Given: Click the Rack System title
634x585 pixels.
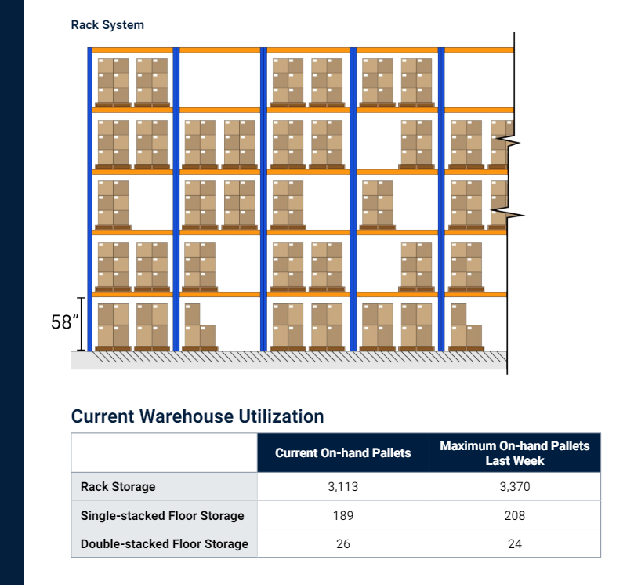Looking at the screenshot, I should pyautogui.click(x=107, y=25).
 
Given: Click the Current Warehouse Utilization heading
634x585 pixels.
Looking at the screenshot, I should pyautogui.click(x=197, y=416).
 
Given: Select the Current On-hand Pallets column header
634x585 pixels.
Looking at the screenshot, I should pyautogui.click(x=342, y=452).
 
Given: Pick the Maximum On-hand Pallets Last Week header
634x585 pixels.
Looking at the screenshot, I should pyautogui.click(x=515, y=452).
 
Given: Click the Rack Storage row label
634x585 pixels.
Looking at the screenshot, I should pyautogui.click(x=118, y=486).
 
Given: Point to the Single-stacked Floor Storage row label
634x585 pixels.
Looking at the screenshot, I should pyautogui.click(x=162, y=515).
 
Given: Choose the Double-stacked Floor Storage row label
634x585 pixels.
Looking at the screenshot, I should pyautogui.click(x=165, y=543).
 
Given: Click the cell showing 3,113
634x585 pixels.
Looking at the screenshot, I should pyautogui.click(x=342, y=486).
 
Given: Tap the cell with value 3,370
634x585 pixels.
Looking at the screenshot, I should pyautogui.click(x=515, y=486).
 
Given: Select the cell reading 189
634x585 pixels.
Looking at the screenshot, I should pyautogui.click(x=342, y=515).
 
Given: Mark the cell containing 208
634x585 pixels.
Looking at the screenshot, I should pyautogui.click(x=515, y=515).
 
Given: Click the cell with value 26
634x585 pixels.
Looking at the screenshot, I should pyautogui.click(x=342, y=543).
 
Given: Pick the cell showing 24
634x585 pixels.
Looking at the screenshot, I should pyautogui.click(x=515, y=543).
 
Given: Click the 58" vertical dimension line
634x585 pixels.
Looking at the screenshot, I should pyautogui.click(x=80, y=324).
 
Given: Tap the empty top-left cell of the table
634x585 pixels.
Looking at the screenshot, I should pyautogui.click(x=164, y=452).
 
